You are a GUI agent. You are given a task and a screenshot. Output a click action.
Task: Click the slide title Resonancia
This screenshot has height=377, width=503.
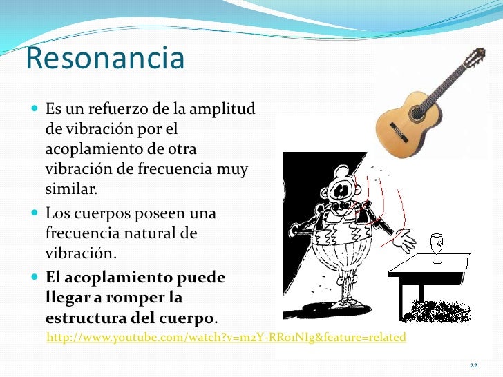[105, 59]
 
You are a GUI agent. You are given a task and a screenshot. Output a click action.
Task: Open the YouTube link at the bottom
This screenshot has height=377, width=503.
[225, 338]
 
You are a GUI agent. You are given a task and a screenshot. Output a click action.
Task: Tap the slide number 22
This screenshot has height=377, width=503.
[473, 365]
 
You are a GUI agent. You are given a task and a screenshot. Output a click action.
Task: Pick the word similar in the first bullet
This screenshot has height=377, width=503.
[72, 188]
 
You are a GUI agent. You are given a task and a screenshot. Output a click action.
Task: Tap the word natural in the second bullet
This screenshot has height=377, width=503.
[150, 233]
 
